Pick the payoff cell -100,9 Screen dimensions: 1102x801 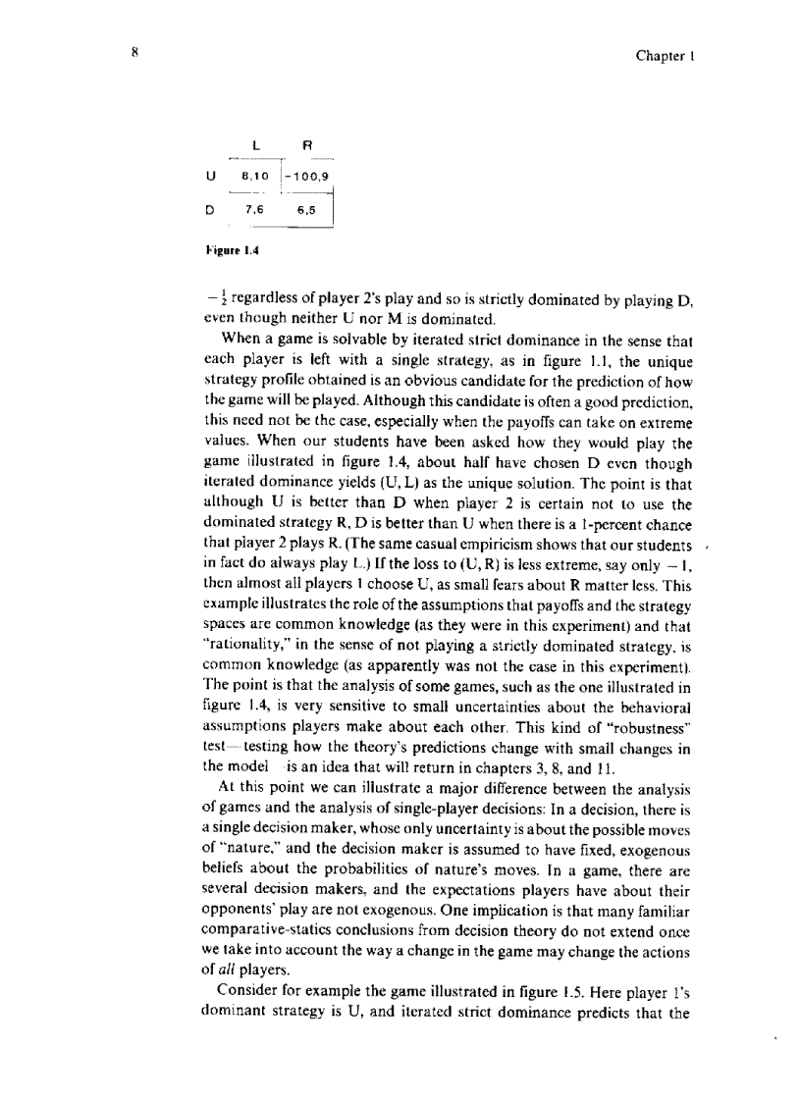pos(308,177)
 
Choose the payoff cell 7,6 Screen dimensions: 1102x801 pos(253,209)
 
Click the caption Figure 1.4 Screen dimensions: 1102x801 pos(225,249)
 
